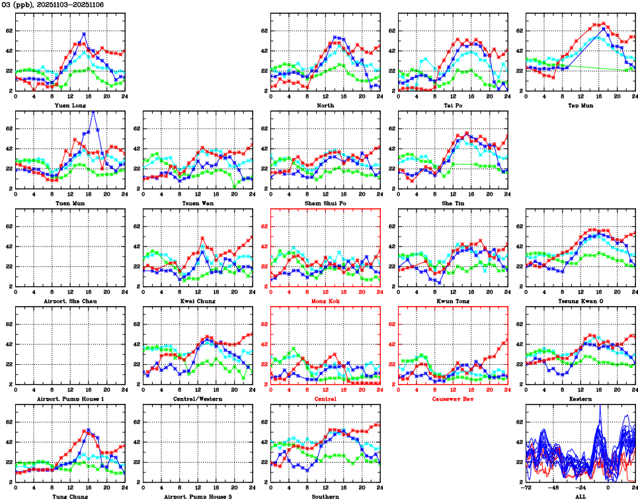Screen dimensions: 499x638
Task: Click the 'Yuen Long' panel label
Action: click(69, 105)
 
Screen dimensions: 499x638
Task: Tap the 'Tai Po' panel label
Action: click(453, 105)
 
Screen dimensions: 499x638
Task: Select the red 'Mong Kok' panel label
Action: click(325, 301)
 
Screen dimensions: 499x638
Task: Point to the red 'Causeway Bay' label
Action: click(453, 399)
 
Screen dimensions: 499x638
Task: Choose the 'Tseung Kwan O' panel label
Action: click(580, 301)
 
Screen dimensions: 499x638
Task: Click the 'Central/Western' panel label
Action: click(198, 399)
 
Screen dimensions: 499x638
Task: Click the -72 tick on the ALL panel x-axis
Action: click(526, 488)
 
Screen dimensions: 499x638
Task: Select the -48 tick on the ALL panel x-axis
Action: click(553, 488)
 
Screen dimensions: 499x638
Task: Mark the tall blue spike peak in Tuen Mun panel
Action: click(93, 112)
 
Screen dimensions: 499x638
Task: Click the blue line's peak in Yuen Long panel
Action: click(84, 33)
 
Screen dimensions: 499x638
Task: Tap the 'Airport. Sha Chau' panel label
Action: click(69, 301)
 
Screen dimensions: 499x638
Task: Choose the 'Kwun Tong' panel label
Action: click(453, 301)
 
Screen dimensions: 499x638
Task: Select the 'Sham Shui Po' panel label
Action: click(325, 203)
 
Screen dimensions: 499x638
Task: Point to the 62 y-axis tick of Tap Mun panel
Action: click(519, 30)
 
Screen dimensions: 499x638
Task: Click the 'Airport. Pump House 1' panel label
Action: click(69, 399)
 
